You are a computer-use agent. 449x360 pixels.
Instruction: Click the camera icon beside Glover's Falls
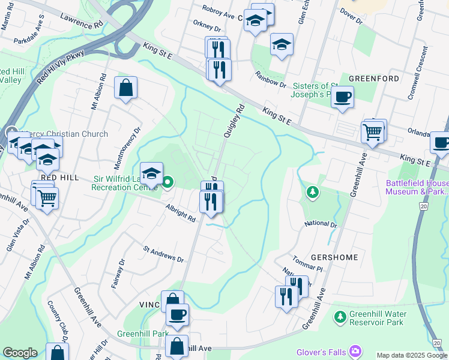click(x=356, y=350)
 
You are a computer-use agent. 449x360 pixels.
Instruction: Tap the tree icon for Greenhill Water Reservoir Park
click(x=340, y=316)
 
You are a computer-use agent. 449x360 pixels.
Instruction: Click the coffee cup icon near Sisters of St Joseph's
click(x=342, y=97)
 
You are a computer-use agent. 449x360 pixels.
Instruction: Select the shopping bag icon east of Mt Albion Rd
click(x=126, y=89)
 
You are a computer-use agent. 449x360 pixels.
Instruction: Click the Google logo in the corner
click(x=20, y=353)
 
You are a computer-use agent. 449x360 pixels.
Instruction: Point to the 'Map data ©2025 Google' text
click(x=411, y=355)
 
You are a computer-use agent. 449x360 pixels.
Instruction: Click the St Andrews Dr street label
click(x=163, y=254)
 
